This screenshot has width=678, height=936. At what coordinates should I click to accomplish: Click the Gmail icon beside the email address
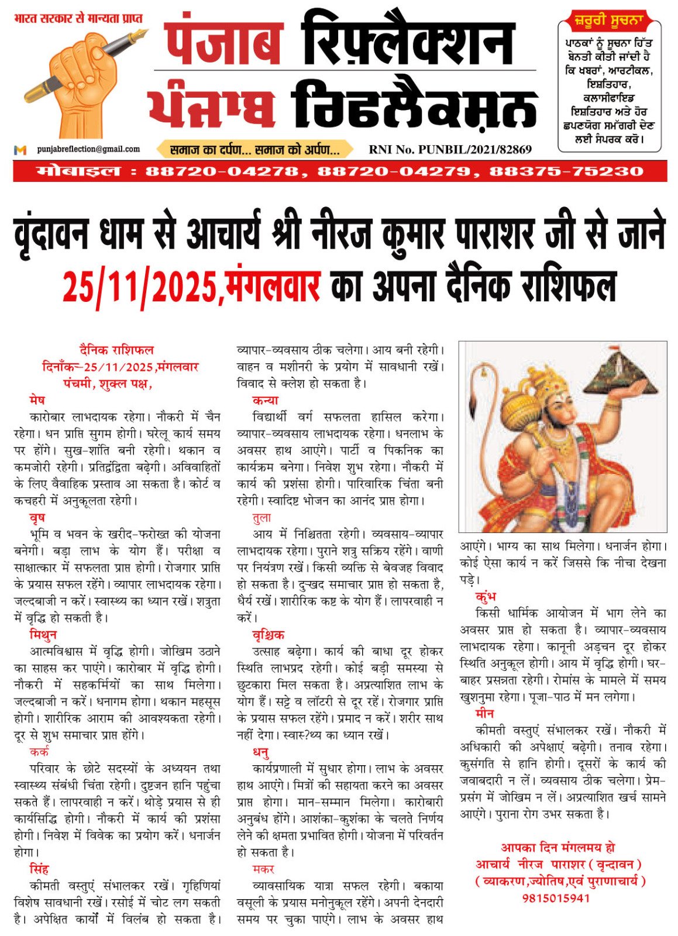coord(20,150)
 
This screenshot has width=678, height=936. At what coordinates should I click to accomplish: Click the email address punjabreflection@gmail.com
coord(88,149)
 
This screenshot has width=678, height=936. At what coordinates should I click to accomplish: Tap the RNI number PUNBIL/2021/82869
coord(450,149)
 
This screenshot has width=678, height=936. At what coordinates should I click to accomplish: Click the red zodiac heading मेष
coord(37,401)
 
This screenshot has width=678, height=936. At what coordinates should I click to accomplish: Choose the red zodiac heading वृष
coord(37,518)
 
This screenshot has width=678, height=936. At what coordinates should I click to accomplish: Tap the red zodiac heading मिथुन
coord(43,635)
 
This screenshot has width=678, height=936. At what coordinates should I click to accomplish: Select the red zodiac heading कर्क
coord(39,752)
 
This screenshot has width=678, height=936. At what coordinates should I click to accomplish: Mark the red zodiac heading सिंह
coord(39,869)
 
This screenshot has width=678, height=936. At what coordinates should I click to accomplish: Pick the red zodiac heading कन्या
coord(265,401)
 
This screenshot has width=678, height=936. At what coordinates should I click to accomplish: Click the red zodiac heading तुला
coord(261,518)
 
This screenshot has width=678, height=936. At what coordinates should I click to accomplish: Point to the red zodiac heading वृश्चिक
coord(269,635)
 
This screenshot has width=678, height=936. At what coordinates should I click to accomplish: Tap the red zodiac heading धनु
coord(261,752)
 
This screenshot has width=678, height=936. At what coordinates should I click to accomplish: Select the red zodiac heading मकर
coord(263,869)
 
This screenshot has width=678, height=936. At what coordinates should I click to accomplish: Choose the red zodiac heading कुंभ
coord(486,597)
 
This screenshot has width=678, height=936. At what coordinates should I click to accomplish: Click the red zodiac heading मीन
coord(485,714)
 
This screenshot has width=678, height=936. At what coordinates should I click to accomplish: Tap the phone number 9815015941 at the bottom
coord(556,898)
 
